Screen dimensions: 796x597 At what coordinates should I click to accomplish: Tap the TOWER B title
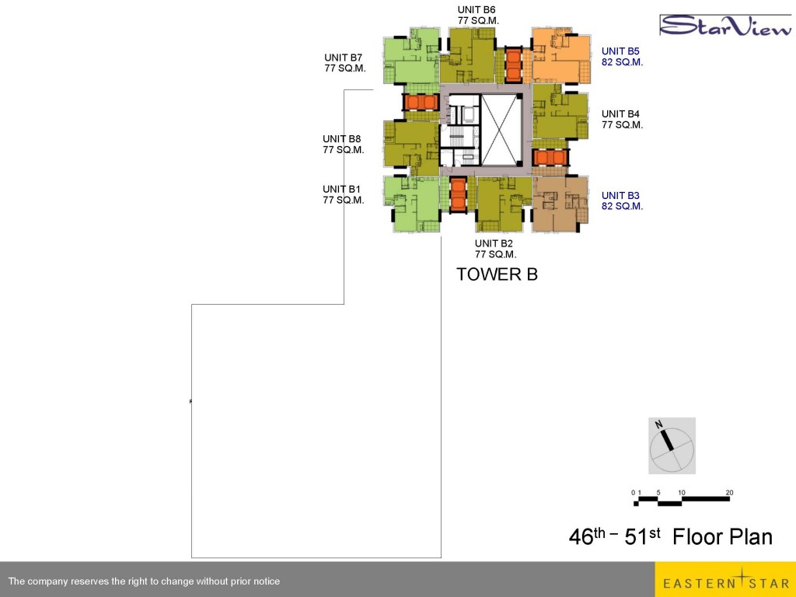(x=497, y=274)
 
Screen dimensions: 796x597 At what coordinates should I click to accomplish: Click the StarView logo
(x=726, y=26)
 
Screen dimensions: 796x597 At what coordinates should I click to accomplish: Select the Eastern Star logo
(x=725, y=579)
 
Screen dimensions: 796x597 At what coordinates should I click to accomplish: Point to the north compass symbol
(x=672, y=445)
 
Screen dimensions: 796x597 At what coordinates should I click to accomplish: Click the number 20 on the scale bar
(x=729, y=492)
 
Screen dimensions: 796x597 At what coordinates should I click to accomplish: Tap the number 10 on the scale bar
(x=681, y=492)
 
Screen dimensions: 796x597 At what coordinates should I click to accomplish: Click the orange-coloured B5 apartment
(x=561, y=56)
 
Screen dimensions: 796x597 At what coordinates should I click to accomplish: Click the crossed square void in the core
(x=501, y=130)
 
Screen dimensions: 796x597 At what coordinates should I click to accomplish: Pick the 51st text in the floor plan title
(x=642, y=536)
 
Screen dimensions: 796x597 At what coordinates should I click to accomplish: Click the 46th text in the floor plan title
(x=587, y=536)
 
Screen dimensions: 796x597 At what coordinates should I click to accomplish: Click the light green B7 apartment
(x=412, y=56)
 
